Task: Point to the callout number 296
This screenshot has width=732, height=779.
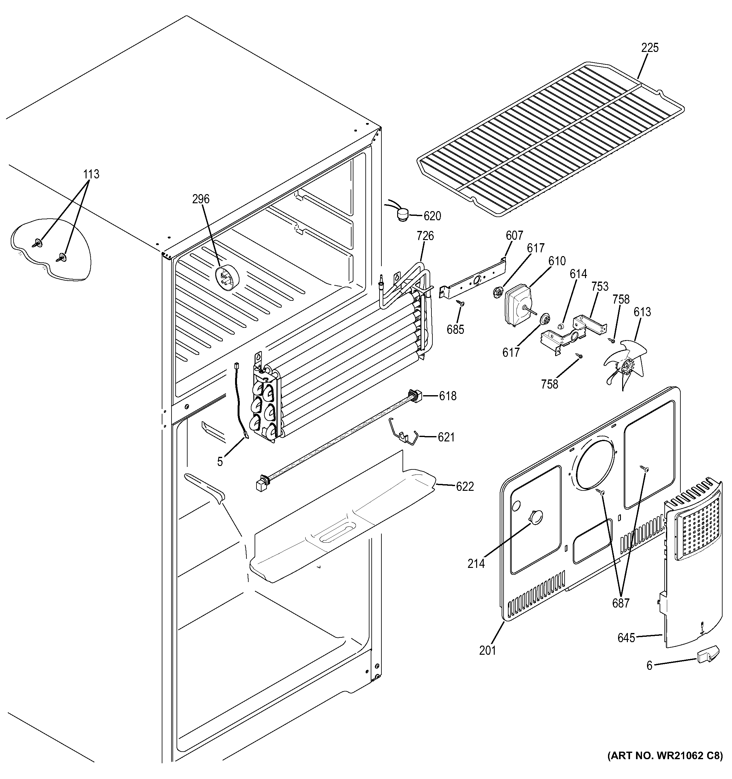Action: (x=201, y=199)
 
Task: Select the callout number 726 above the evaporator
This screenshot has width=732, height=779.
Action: (x=425, y=236)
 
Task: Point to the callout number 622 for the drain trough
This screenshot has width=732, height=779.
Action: (x=465, y=486)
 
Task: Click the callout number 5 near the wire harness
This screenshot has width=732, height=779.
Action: (x=220, y=462)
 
